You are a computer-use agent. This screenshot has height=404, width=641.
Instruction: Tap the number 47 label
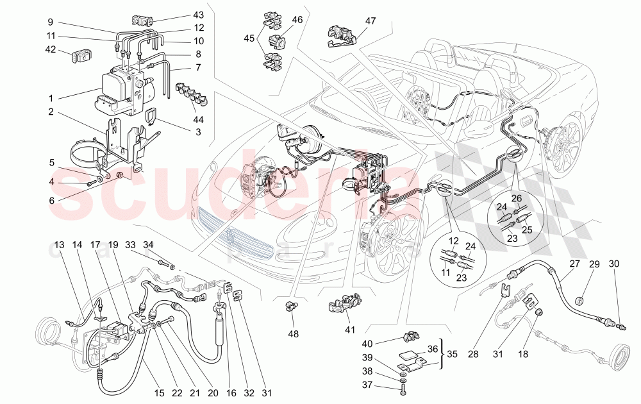370,21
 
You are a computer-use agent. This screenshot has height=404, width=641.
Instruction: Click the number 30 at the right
614,264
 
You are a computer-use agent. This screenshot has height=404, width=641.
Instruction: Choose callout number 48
293,333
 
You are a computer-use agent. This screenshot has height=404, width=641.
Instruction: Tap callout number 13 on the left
59,245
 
